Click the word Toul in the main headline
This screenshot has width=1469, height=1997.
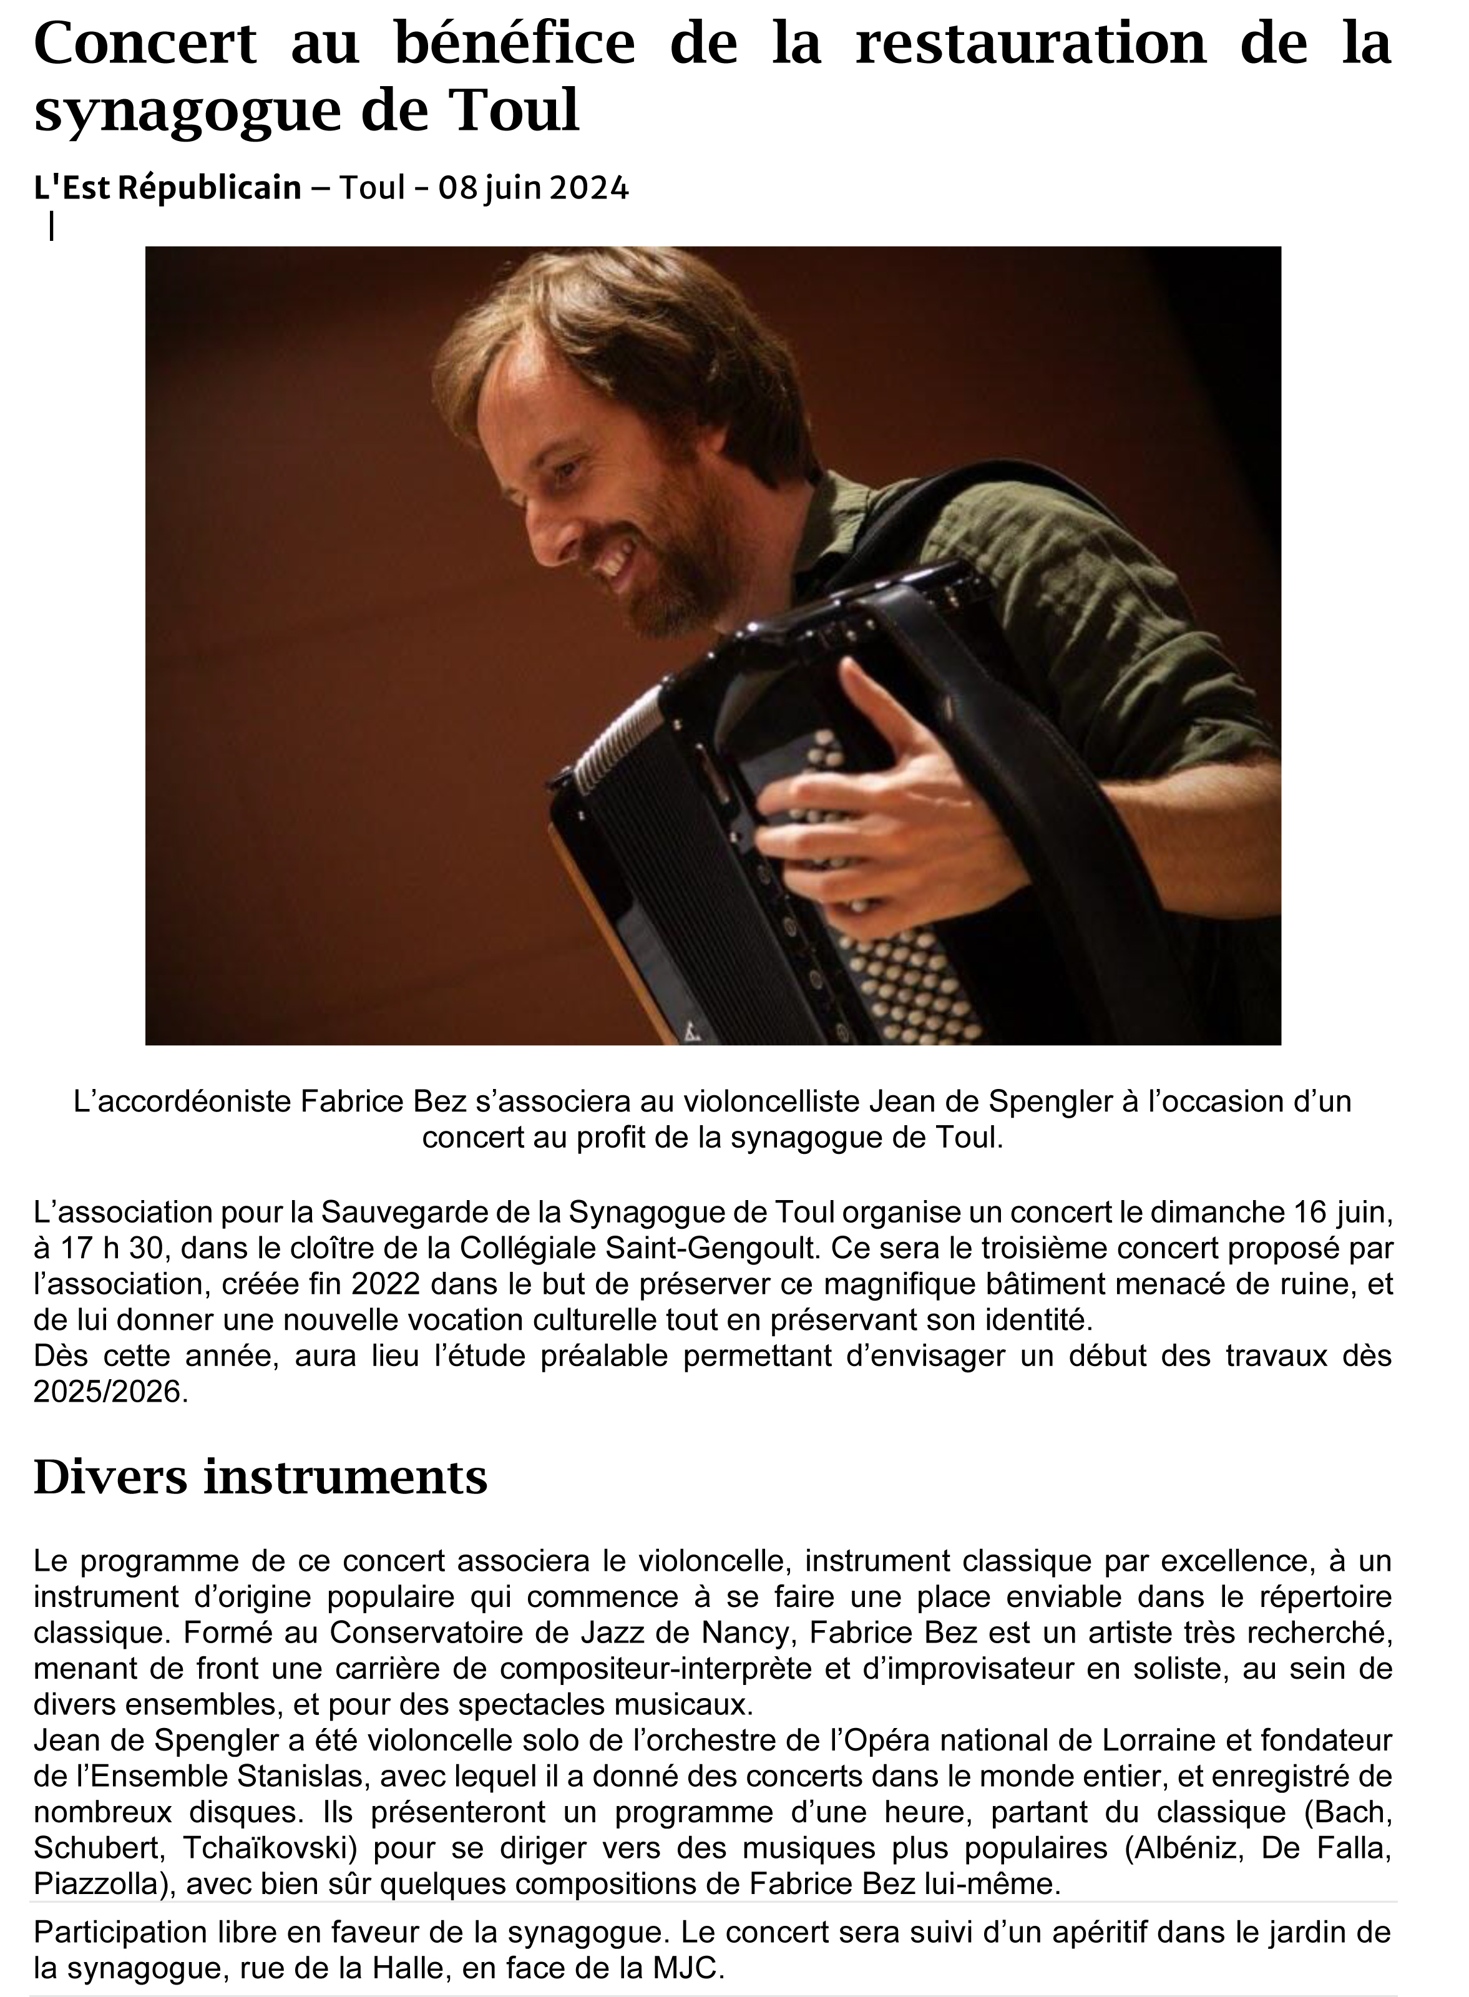(515, 110)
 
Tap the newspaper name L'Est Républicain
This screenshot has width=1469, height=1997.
(167, 188)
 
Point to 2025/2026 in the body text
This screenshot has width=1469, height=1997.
(110, 1392)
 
